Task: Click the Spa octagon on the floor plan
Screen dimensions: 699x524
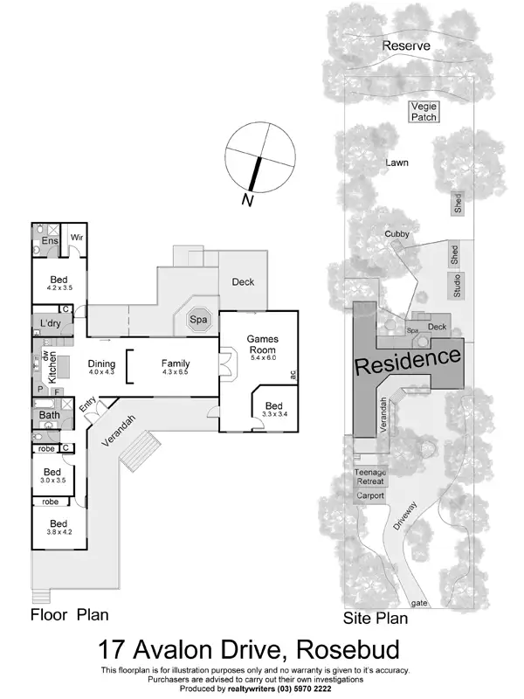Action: tap(200, 320)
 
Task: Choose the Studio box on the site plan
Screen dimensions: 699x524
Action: tap(455, 285)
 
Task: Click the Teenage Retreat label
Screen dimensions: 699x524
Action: tap(369, 477)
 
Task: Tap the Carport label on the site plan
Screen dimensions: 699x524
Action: tap(369, 495)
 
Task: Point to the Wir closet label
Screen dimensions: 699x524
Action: tap(75, 236)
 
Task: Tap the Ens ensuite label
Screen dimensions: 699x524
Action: tap(50, 240)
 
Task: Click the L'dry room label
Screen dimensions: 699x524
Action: tap(51, 323)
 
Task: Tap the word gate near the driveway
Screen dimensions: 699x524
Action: tap(420, 604)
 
